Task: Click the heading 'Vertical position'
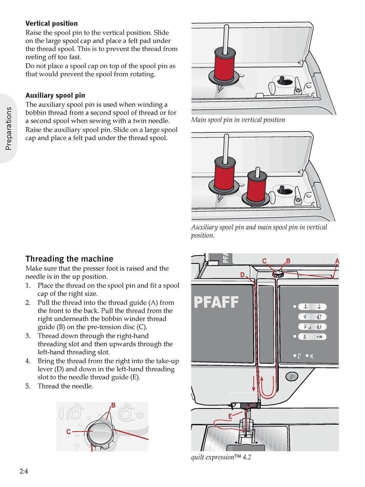point(51,24)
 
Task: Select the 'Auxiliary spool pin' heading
point(55,95)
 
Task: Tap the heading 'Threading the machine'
point(69,259)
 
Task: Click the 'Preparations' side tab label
point(9,128)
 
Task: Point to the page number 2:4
point(24,471)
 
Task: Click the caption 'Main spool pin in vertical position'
point(238,120)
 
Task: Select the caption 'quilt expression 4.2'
point(221,457)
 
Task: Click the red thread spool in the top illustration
point(225,64)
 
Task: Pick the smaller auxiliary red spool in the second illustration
point(257,186)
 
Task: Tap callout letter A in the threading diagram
point(337,261)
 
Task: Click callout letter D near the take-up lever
point(242,275)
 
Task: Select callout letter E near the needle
point(230,416)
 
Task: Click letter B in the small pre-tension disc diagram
point(113,405)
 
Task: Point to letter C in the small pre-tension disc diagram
point(68,432)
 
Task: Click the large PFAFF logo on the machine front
point(216,302)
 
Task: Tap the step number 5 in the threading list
point(28,386)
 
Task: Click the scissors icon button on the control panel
point(305,336)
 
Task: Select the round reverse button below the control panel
point(292,377)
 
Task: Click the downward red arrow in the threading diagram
point(254,384)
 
